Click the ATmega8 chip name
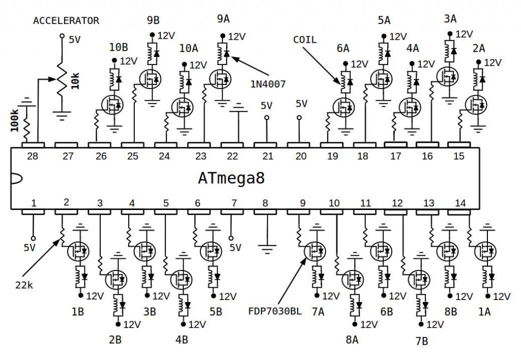pyautogui.click(x=231, y=179)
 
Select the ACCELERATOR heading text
pyautogui.click(x=66, y=21)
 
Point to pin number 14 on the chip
pyautogui.click(x=460, y=203)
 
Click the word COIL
pyautogui.click(x=305, y=40)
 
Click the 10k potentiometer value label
pyautogui.click(x=75, y=81)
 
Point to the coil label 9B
pyautogui.click(x=153, y=20)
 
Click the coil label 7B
pyautogui.click(x=421, y=341)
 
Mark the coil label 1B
pyautogui.click(x=77, y=312)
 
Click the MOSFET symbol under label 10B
pyautogui.click(x=111, y=105)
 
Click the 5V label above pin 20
pyautogui.click(x=301, y=104)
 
